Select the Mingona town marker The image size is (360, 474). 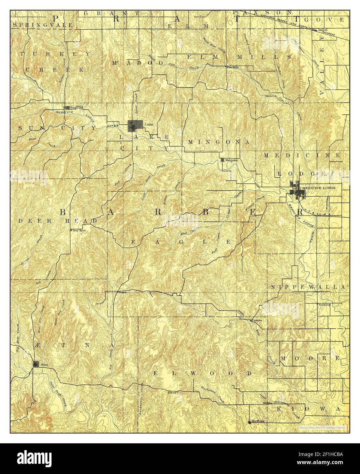click(223, 160)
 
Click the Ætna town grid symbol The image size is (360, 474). click(36, 364)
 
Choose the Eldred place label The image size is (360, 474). click(171, 392)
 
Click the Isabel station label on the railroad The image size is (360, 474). click(322, 30)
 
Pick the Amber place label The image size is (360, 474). click(270, 96)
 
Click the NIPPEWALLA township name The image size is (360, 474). click(309, 287)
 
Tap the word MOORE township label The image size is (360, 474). click(309, 359)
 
